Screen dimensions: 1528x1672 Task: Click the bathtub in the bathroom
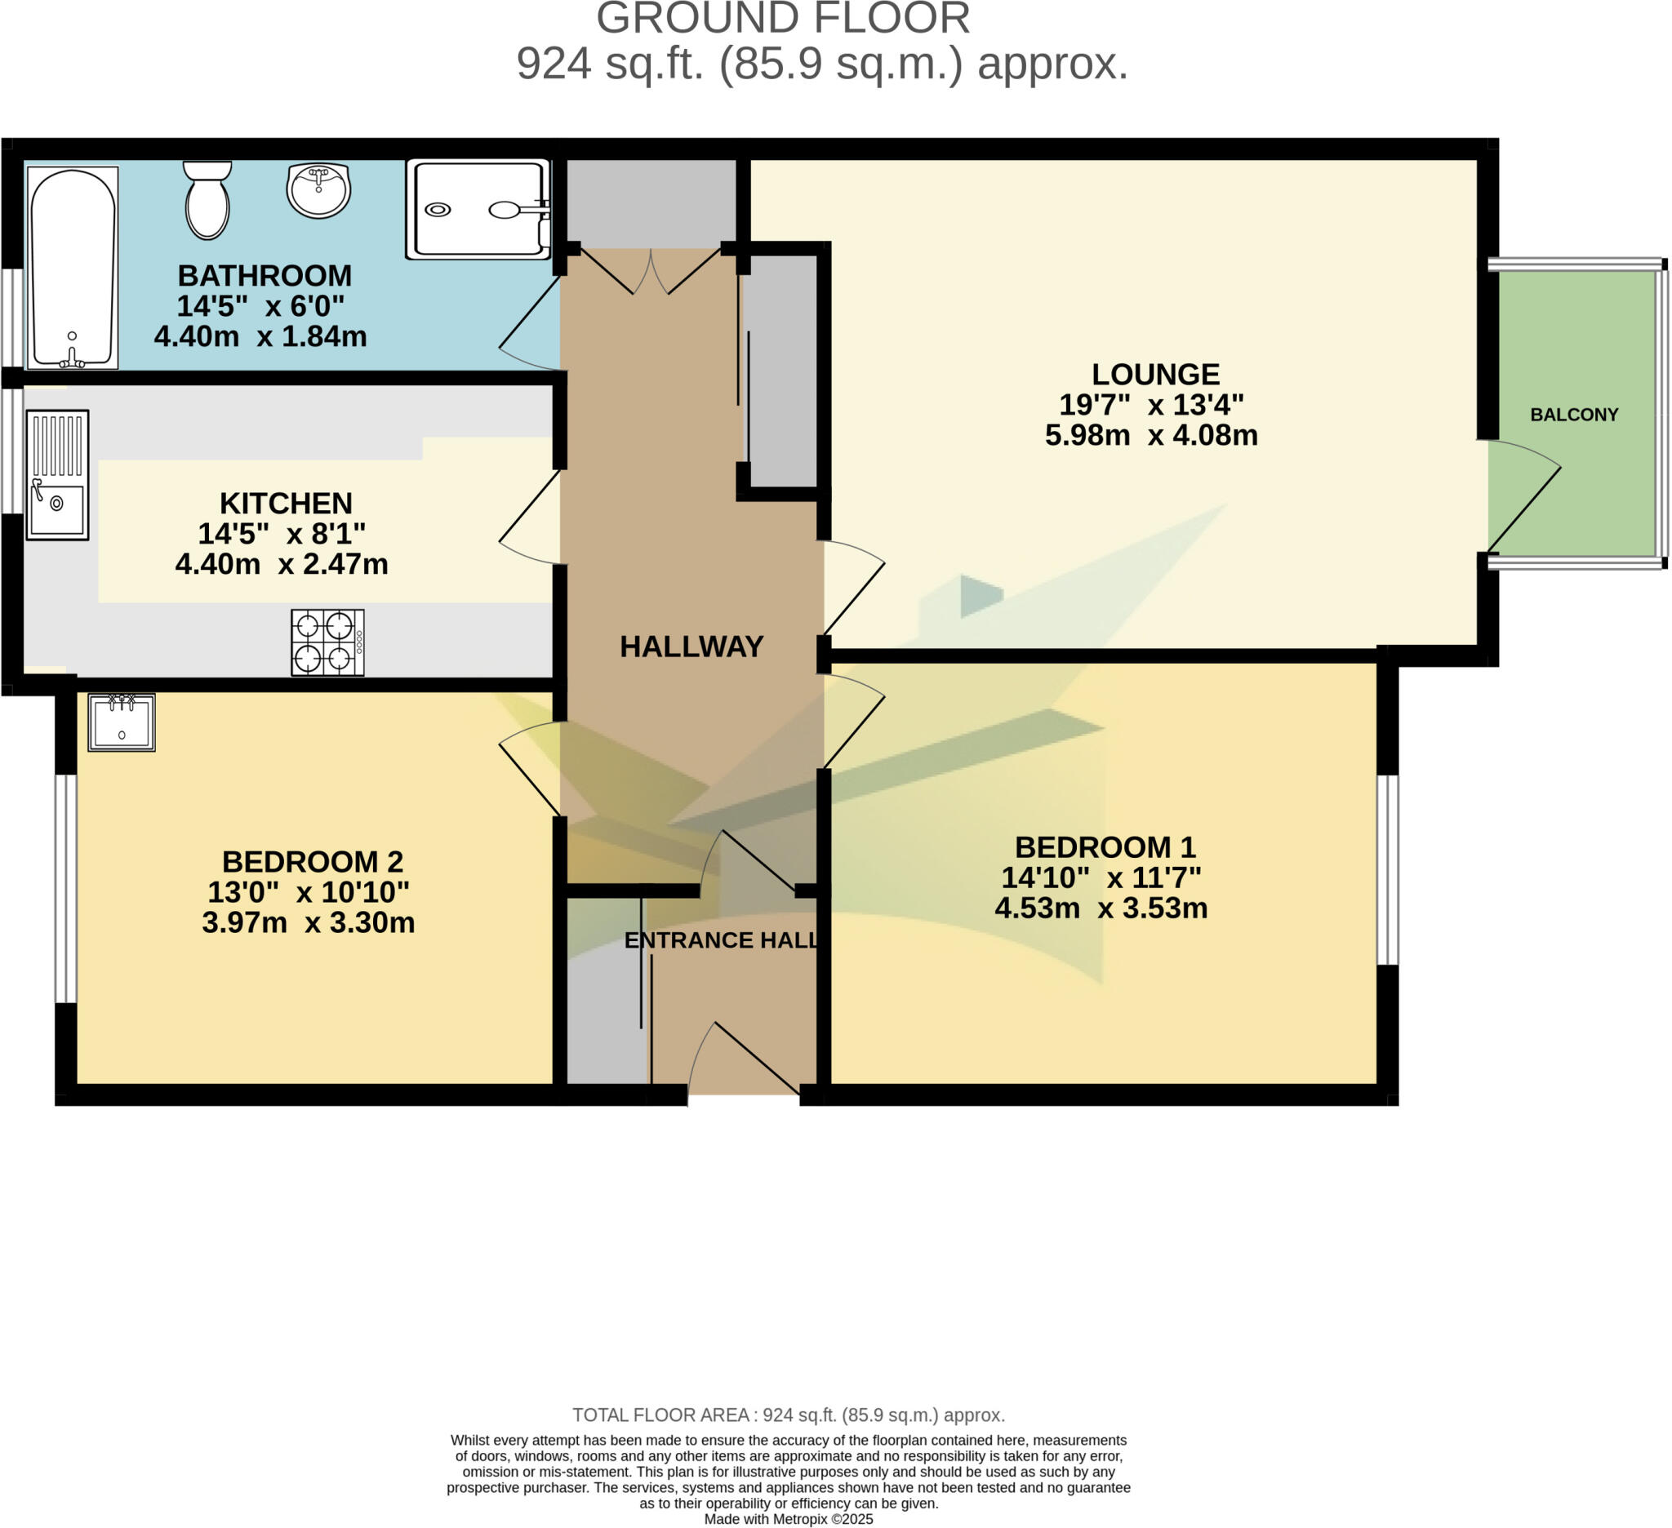[x=72, y=267]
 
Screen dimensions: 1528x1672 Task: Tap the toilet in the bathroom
[x=207, y=202]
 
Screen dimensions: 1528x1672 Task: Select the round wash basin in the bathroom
[x=318, y=191]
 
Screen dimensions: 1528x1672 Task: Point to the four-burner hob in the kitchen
[x=327, y=642]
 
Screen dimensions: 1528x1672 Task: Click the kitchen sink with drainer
[x=57, y=475]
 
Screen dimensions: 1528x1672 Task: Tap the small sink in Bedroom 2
[x=121, y=722]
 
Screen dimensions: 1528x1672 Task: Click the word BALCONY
[x=1573, y=415]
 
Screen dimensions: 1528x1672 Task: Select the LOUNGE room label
[x=1154, y=374]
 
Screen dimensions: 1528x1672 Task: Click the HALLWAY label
[x=691, y=646]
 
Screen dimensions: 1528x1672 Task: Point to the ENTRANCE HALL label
[x=721, y=940]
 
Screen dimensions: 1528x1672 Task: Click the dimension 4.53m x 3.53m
[x=1101, y=908]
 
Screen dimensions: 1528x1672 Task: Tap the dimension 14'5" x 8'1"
[x=281, y=533]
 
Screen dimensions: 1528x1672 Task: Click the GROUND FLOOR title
[x=783, y=18]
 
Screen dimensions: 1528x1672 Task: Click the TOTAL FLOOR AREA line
[x=788, y=1415]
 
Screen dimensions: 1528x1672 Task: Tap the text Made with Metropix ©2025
[x=788, y=1519]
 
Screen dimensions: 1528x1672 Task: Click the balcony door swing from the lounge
[x=1523, y=497]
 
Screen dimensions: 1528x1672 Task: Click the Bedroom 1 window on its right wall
[x=1388, y=870]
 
